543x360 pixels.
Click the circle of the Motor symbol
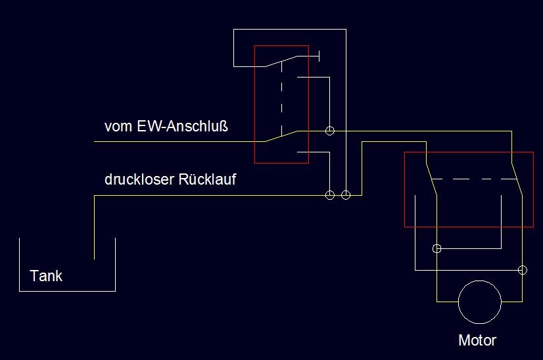coord(479,302)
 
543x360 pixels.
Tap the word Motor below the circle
coord(477,340)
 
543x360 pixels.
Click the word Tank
coord(46,276)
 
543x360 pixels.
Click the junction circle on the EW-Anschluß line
coord(330,131)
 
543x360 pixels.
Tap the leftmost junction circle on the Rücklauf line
coord(330,195)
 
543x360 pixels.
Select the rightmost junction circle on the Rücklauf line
coord(346,195)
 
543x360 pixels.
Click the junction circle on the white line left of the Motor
coord(437,249)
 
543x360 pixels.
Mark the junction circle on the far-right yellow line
coord(523,269)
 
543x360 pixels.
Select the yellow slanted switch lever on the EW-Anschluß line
coord(281,135)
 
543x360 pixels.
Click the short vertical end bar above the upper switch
coord(319,56)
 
